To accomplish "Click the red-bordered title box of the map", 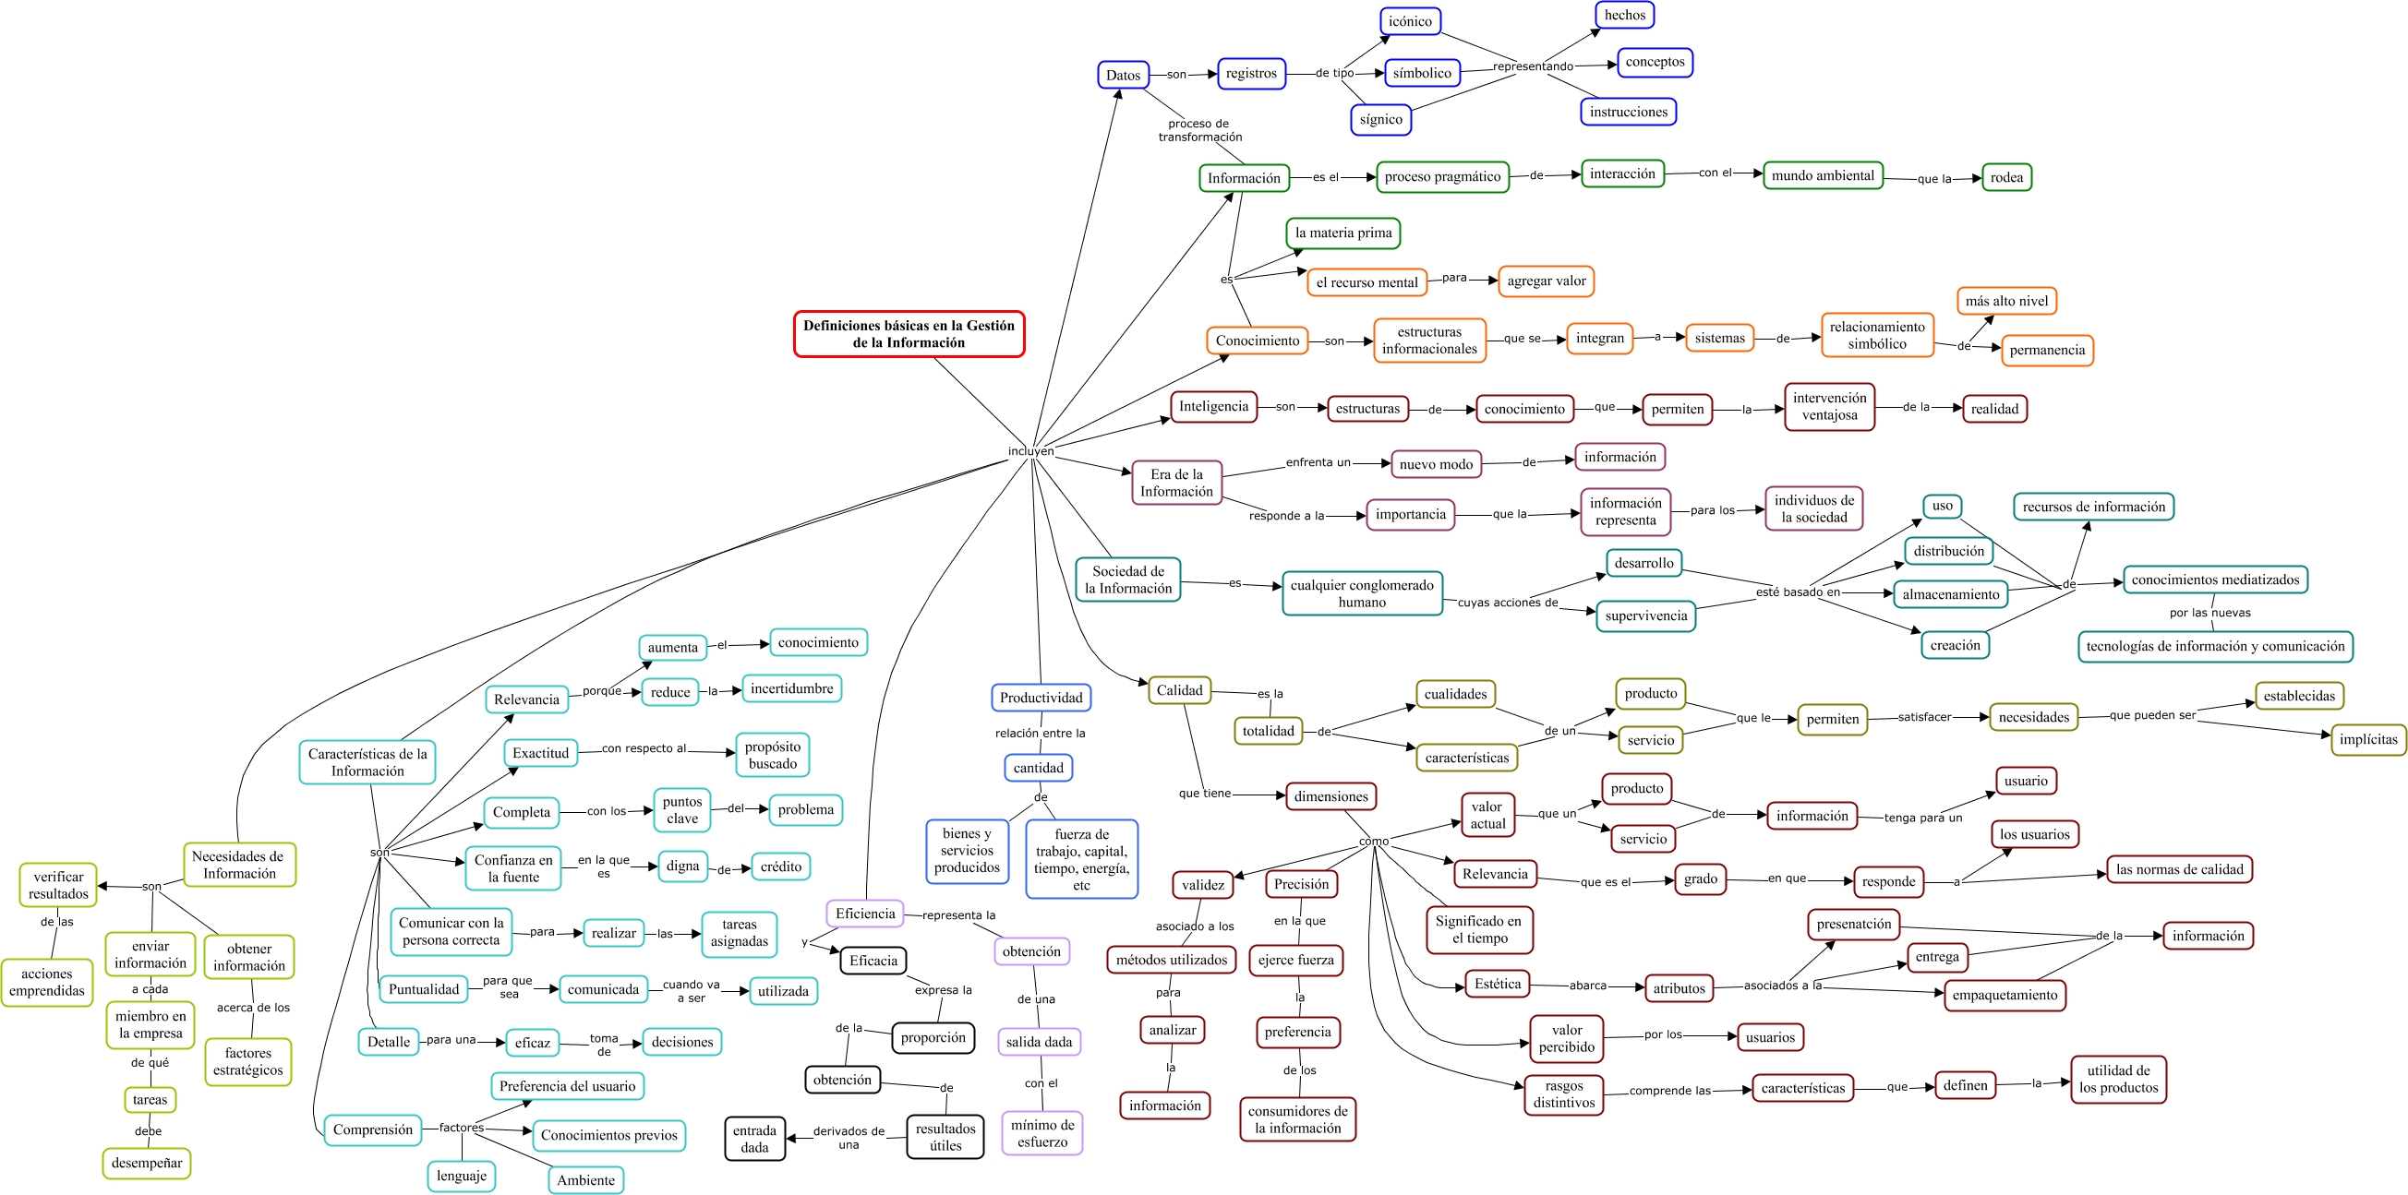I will pyautogui.click(x=909, y=334).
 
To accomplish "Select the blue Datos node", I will pyautogui.click(x=1123, y=75).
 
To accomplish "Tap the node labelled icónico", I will pyautogui.click(x=1410, y=21).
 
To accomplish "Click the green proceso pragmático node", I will pyautogui.click(x=1442, y=176).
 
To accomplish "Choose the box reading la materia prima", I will pyautogui.click(x=1343, y=233).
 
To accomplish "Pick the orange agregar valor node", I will pyautogui.click(x=1547, y=281).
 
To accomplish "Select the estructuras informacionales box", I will pyautogui.click(x=1429, y=341).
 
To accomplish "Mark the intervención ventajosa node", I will pyautogui.click(x=1829, y=406).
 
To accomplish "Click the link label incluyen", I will pyautogui.click(x=1030, y=451).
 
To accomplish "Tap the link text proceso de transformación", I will pyautogui.click(x=1199, y=130).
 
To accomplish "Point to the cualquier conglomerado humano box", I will pyautogui.click(x=1362, y=593).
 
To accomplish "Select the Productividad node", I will pyautogui.click(x=1041, y=698).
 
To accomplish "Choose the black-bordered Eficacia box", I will pyautogui.click(x=873, y=961).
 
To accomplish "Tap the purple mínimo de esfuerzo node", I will pyautogui.click(x=1042, y=1133).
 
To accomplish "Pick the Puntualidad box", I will pyautogui.click(x=424, y=989).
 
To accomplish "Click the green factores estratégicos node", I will pyautogui.click(x=247, y=1062).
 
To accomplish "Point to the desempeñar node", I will pyautogui.click(x=147, y=1164).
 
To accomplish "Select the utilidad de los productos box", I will pyautogui.click(x=2118, y=1079).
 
